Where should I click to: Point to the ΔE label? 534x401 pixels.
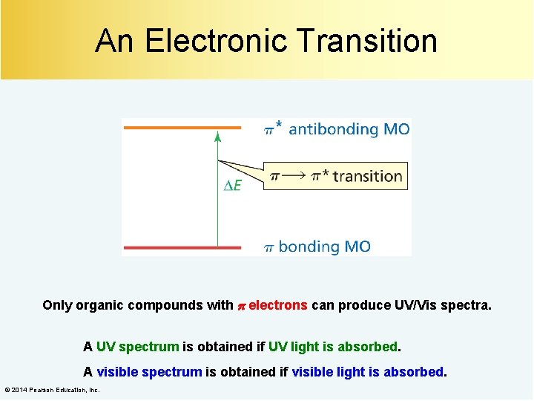(232, 186)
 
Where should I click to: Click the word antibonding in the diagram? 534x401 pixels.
(333, 129)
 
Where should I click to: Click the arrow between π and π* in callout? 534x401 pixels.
(295, 177)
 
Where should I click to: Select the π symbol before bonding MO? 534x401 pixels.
(270, 247)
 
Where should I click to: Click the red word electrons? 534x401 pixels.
(278, 305)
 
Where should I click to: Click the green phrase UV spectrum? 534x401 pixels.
(137, 347)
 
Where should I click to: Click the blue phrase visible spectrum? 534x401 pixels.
(148, 371)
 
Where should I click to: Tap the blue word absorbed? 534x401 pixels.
(412, 371)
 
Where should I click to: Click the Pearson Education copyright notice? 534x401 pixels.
(52, 390)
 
